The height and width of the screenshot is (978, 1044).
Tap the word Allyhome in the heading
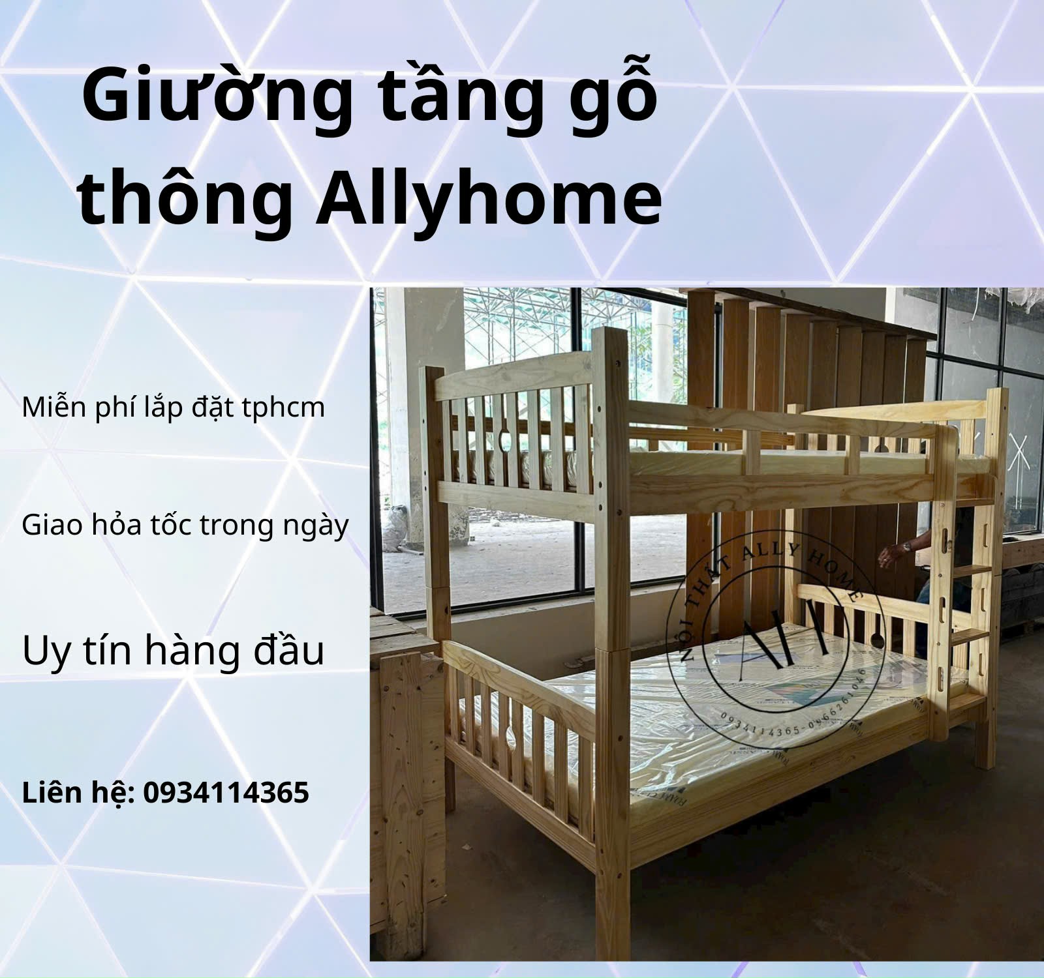[489, 194]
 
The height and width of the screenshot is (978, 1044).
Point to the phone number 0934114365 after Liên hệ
[226, 793]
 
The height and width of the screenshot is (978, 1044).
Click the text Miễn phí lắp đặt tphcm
[174, 408]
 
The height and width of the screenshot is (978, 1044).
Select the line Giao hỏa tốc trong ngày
[185, 526]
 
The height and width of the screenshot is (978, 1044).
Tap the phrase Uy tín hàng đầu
[173, 651]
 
